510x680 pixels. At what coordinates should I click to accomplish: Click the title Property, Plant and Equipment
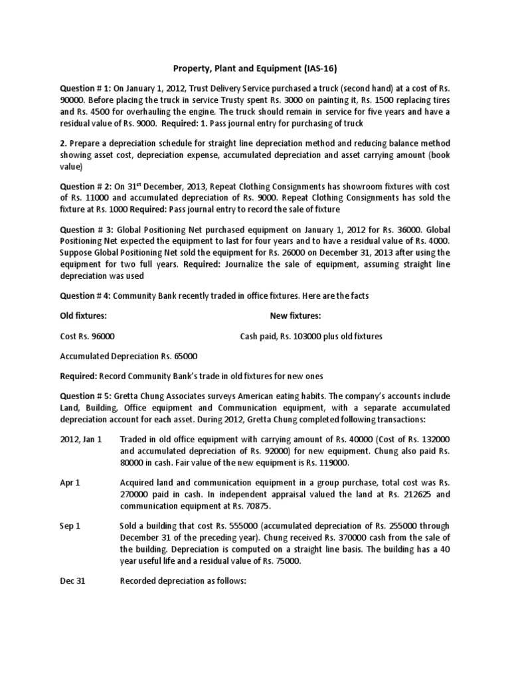click(x=238, y=68)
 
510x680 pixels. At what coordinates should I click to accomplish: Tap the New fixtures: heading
click(x=296, y=316)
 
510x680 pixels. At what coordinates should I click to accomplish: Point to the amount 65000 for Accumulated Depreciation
click(x=183, y=357)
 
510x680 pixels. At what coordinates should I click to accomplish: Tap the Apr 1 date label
click(x=70, y=483)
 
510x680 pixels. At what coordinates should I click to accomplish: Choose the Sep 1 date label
click(x=70, y=526)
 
